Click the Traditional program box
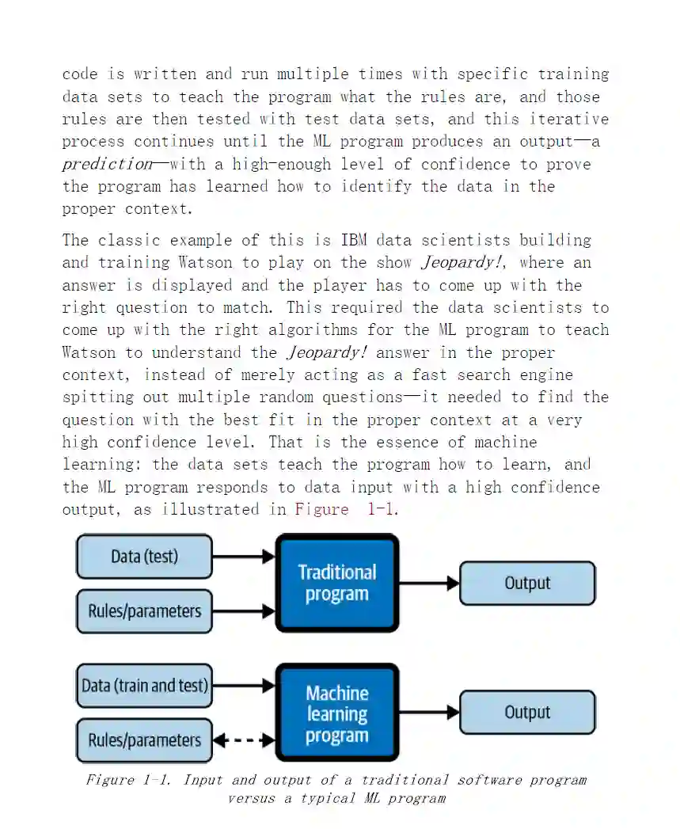click(x=336, y=583)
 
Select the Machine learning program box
click(x=336, y=713)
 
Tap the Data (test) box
click(x=144, y=556)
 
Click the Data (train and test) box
click(x=144, y=685)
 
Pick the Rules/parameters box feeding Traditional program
click(x=144, y=610)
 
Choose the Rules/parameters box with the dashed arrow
click(x=144, y=740)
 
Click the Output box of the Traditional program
click(x=527, y=583)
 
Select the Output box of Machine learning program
click(x=527, y=712)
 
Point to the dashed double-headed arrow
click(x=244, y=741)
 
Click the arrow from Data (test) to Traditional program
click(x=244, y=557)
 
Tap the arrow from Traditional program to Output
click(x=429, y=584)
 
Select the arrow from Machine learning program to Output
click(x=429, y=712)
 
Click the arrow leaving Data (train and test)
click(x=244, y=686)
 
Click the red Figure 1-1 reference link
click(x=345, y=509)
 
